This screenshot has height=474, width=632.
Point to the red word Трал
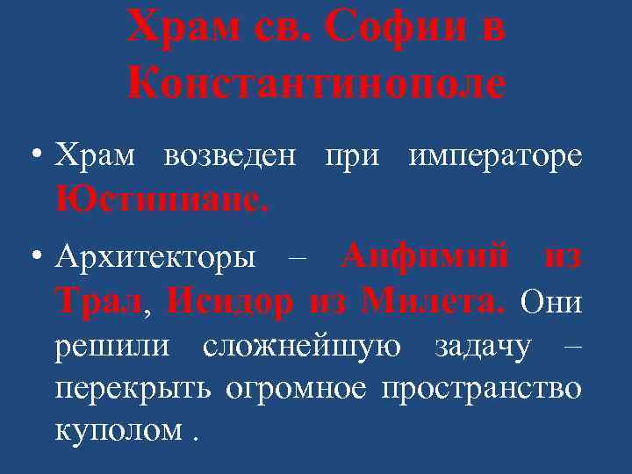click(97, 303)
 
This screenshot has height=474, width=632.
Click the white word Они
click(550, 303)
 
